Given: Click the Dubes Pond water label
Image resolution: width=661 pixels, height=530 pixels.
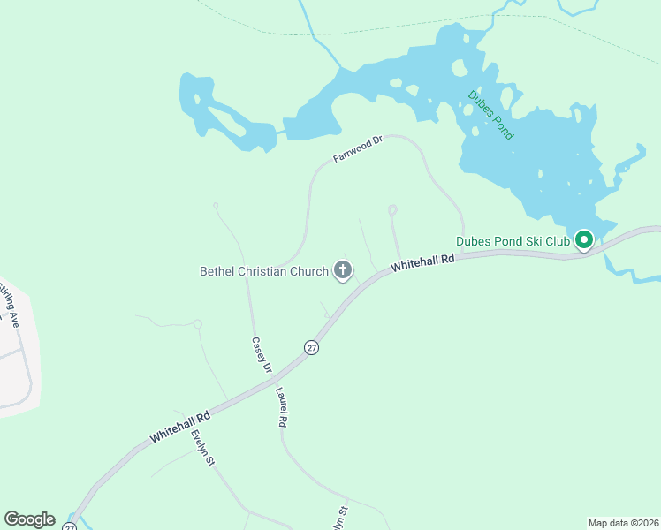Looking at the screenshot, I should (490, 115).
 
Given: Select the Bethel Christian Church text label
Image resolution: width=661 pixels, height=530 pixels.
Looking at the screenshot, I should (264, 271).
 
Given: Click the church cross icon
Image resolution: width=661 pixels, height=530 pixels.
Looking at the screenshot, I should (343, 271).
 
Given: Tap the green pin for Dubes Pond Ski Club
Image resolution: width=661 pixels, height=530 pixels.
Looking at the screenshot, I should (583, 239).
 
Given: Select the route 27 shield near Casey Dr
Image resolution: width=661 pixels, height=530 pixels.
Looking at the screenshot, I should (311, 347).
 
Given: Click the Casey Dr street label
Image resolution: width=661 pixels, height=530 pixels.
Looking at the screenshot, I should (261, 354).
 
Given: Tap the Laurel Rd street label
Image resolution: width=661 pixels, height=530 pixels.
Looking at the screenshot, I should (282, 408).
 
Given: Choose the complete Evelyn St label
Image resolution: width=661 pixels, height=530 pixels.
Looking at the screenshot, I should (203, 449).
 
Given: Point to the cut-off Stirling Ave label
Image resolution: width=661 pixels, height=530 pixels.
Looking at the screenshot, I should (9, 305).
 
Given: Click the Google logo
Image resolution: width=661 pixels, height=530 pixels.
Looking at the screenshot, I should (29, 519).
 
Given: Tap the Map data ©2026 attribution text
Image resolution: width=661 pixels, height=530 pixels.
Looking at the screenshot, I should (623, 523).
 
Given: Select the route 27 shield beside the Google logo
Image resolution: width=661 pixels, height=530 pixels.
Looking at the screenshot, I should (70, 526).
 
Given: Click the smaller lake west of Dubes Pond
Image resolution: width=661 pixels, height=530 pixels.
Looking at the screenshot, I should (221, 115).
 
